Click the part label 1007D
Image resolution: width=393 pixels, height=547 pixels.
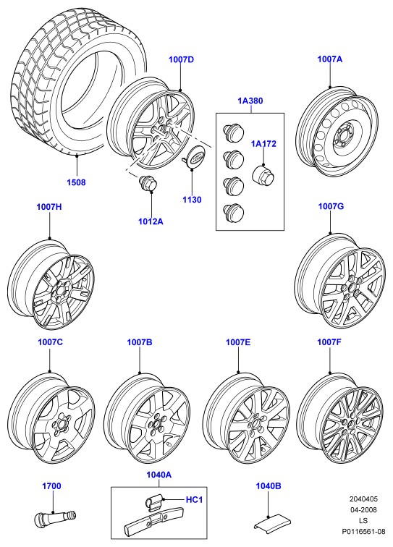(181, 59)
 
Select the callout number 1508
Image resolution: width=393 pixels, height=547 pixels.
(76, 182)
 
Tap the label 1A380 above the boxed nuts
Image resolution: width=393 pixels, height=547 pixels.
(250, 101)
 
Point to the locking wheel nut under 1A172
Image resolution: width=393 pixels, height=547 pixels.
(263, 174)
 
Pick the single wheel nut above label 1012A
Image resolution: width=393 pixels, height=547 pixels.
(148, 184)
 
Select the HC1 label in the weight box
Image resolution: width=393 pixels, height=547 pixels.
(194, 500)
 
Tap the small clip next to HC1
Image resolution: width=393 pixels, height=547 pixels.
(153, 502)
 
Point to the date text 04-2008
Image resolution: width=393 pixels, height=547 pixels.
(363, 509)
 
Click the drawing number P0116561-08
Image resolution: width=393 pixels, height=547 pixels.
(363, 532)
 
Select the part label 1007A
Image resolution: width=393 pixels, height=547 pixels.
(330, 59)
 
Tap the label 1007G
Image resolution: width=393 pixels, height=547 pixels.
(331, 206)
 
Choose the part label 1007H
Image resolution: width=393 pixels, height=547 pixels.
(49, 207)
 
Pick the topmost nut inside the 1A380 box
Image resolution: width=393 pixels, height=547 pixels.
(233, 132)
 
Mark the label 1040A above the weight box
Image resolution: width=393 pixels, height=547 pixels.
(159, 475)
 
